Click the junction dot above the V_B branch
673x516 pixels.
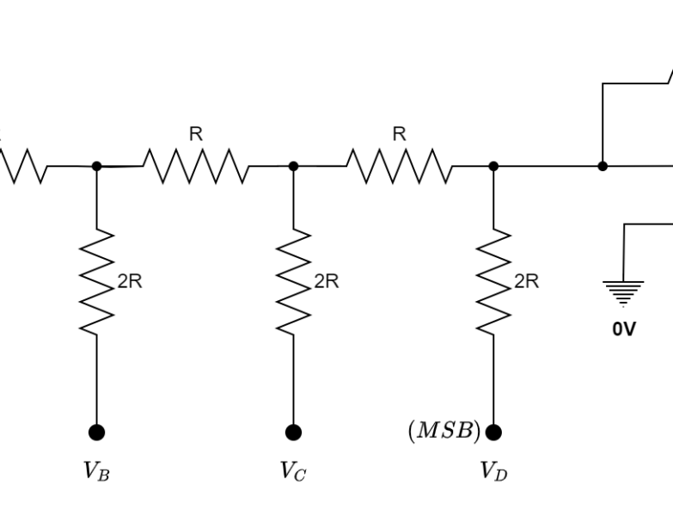tap(96, 166)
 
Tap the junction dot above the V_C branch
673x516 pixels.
tap(294, 166)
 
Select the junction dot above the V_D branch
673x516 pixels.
tap(493, 166)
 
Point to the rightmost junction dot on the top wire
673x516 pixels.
tap(603, 166)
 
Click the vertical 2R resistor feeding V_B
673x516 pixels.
tap(96, 281)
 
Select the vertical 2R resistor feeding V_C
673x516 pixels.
tap(294, 281)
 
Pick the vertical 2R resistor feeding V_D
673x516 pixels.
tap(493, 281)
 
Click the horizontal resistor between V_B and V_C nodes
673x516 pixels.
tap(196, 166)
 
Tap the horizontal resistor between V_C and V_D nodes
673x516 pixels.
tap(399, 166)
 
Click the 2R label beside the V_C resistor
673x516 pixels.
tap(327, 281)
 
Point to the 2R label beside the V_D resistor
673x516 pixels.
tap(526, 281)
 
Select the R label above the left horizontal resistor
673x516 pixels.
tap(196, 134)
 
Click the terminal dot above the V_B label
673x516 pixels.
tap(96, 432)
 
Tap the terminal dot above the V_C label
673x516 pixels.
tap(294, 432)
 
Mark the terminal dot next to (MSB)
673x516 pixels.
tap(493, 432)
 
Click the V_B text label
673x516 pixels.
tap(95, 471)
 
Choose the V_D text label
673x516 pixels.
tap(493, 471)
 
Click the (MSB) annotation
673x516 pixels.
tap(444, 432)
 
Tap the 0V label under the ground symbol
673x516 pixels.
tap(624, 329)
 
